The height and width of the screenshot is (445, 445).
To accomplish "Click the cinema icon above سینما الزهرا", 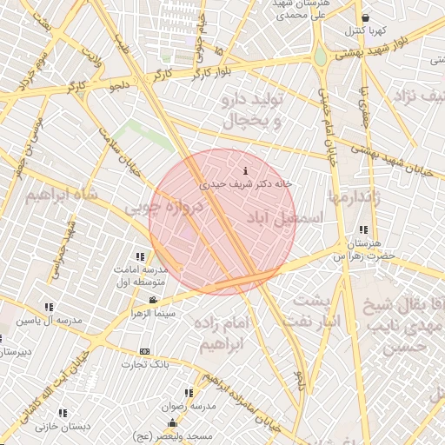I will point(153,301).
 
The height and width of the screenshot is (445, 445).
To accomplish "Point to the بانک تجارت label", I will point(143,365).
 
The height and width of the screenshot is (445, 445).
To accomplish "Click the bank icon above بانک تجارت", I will point(144,351).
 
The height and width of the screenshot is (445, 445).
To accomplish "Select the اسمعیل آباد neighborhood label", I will point(284,216).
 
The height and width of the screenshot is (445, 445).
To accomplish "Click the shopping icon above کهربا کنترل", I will point(365,17).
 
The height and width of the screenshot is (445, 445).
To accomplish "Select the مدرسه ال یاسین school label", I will point(50,321).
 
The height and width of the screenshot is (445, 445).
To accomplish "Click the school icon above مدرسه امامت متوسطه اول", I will point(139,256).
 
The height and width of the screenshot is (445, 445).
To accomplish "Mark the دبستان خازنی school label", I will point(39,427).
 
